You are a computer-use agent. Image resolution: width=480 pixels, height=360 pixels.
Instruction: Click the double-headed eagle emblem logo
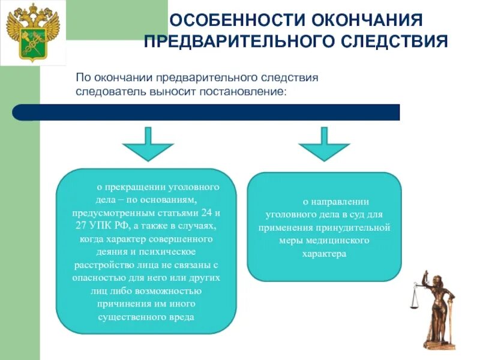pyautogui.click(x=32, y=32)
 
